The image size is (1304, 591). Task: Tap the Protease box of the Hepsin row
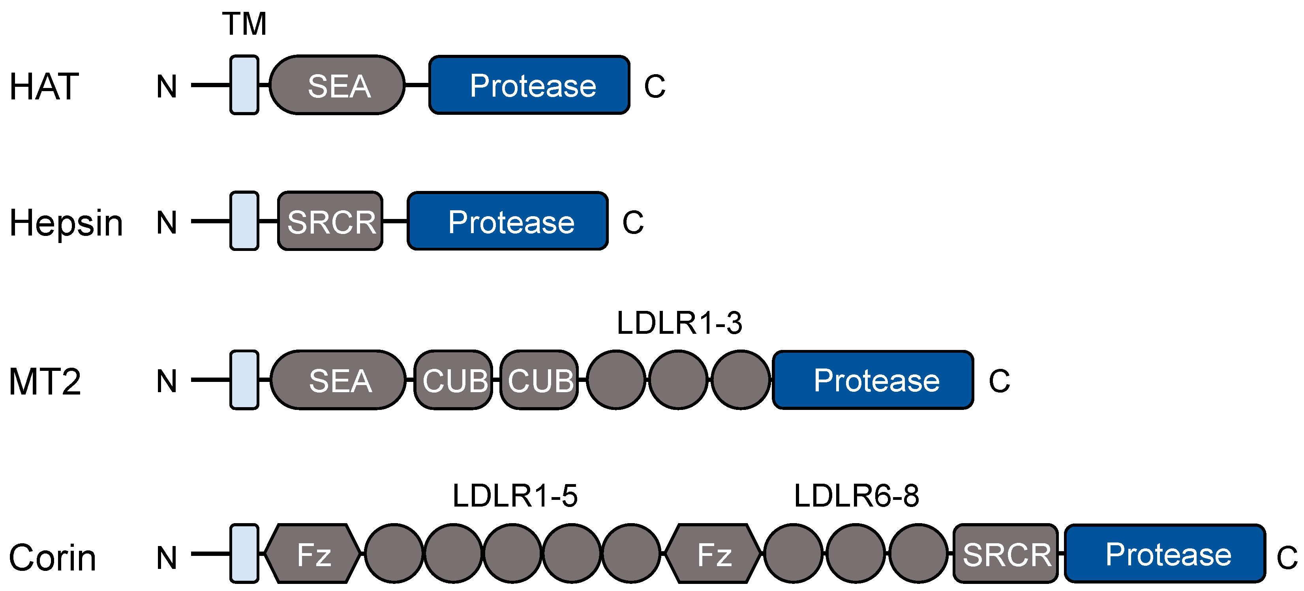(508, 221)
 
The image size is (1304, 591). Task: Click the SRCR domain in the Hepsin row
(330, 221)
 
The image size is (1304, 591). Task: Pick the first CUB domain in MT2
(453, 380)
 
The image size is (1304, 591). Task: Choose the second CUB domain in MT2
(539, 380)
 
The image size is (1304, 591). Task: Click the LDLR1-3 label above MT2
(679, 323)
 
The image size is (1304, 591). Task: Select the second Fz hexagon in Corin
(713, 554)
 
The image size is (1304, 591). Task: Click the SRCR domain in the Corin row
(1006, 554)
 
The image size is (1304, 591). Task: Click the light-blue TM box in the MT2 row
(244, 380)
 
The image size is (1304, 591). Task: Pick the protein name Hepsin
(66, 223)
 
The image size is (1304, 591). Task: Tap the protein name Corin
(52, 557)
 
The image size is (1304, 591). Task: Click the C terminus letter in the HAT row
(654, 86)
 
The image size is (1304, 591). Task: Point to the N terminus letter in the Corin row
(167, 557)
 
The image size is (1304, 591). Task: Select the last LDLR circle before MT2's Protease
(741, 380)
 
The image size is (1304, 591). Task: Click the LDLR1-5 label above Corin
(514, 496)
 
